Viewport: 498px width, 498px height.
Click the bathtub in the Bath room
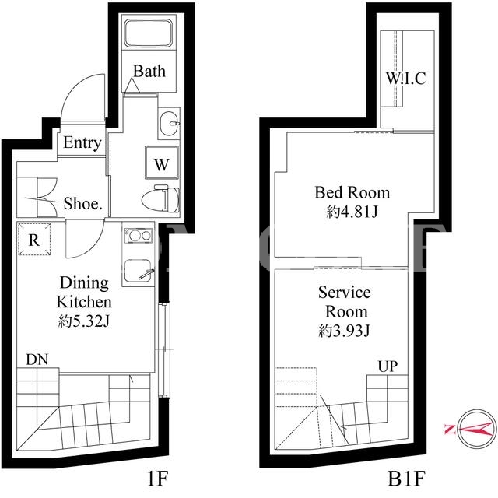pyautogui.click(x=149, y=33)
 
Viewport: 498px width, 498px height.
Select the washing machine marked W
pyautogui.click(x=162, y=163)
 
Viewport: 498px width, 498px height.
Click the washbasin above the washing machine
pyautogui.click(x=169, y=124)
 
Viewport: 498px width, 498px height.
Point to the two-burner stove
pyautogui.click(x=139, y=236)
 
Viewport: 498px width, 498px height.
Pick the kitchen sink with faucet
pyautogui.click(x=139, y=270)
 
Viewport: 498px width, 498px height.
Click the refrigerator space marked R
pyautogui.click(x=34, y=239)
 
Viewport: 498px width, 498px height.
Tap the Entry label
pyautogui.click(x=82, y=142)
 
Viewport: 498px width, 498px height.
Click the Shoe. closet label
pyautogui.click(x=83, y=204)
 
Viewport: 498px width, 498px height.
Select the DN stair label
pyautogui.click(x=37, y=359)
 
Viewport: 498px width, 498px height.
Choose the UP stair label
pyautogui.click(x=388, y=366)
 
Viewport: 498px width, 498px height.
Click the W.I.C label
pyautogui.click(x=406, y=78)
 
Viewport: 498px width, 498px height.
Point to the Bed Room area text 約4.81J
pyautogui.click(x=352, y=212)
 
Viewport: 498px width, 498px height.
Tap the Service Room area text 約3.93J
pyautogui.click(x=344, y=331)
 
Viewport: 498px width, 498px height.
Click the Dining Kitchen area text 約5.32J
pyautogui.click(x=84, y=321)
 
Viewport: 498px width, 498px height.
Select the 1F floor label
pyautogui.click(x=157, y=479)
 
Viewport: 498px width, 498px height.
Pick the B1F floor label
pyautogui.click(x=406, y=479)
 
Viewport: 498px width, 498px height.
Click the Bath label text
pyautogui.click(x=149, y=71)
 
